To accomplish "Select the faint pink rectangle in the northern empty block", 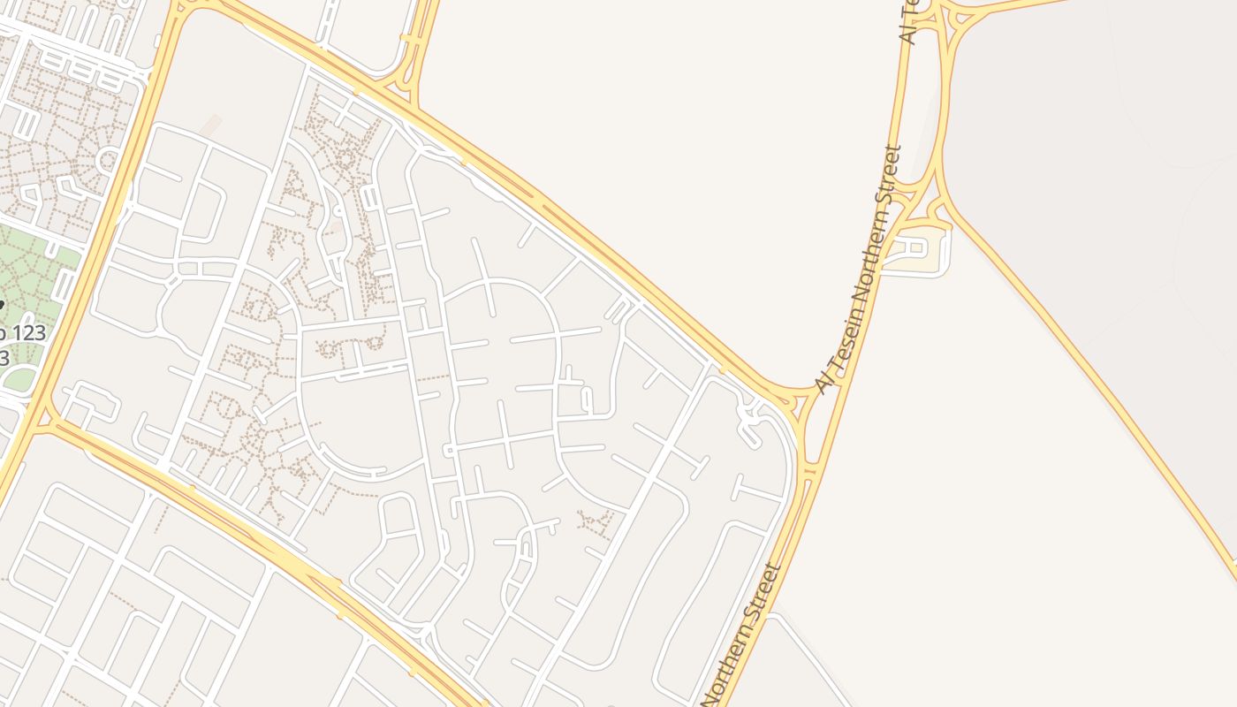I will pos(210,125).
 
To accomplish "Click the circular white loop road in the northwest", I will pos(109,161).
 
